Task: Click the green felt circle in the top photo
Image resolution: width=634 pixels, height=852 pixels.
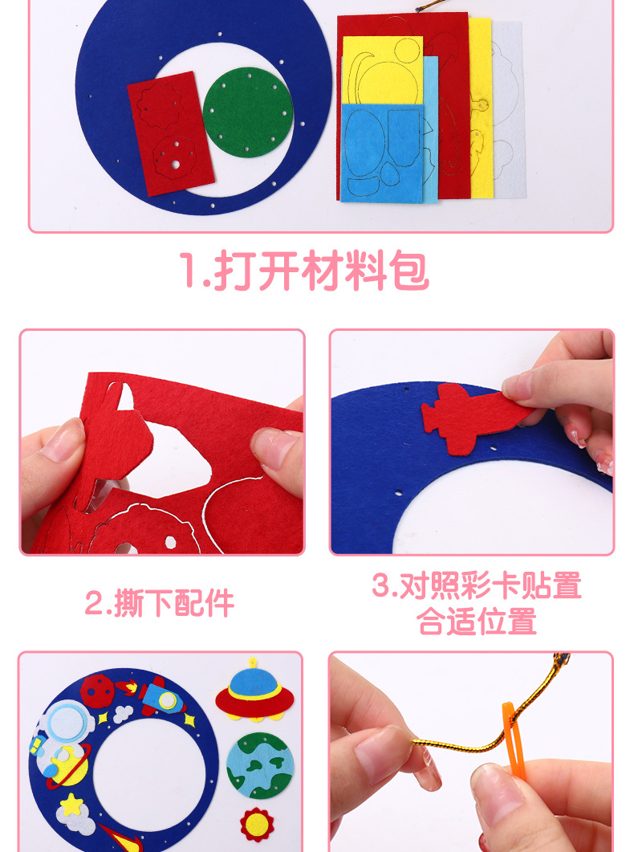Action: [247, 112]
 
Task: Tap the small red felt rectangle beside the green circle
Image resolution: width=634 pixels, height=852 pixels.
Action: [170, 132]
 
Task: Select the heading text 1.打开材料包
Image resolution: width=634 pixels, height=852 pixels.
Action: [303, 271]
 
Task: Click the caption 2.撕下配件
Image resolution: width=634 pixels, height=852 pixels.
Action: [160, 603]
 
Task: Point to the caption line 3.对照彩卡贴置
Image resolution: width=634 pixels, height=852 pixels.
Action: [476, 585]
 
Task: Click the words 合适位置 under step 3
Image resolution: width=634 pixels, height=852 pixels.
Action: [477, 622]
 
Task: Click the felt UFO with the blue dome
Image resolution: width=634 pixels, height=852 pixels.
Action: [254, 690]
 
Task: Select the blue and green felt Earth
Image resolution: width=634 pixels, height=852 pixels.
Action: [259, 764]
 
